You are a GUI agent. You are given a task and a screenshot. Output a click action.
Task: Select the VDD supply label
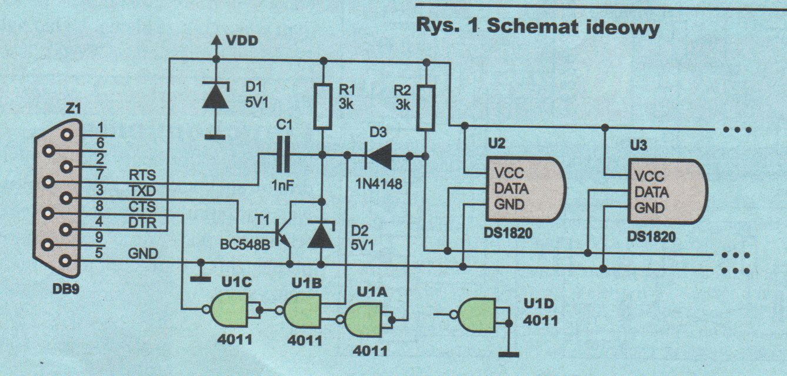242,41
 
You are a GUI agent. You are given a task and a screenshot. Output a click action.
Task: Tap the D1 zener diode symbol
216,95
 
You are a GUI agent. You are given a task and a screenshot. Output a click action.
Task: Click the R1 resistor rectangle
322,106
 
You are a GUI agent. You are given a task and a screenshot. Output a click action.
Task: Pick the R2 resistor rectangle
426,108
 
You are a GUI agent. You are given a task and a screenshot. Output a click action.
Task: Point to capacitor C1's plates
283,155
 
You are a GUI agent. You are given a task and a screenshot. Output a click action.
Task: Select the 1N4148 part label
379,184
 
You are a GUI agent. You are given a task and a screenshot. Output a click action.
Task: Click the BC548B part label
245,245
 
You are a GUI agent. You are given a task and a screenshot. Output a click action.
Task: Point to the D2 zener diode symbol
321,234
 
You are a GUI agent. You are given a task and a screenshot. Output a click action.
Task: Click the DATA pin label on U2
511,189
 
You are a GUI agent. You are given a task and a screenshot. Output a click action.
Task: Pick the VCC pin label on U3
649,176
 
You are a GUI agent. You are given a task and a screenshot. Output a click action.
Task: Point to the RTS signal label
142,175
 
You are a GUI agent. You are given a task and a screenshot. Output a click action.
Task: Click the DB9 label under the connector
66,289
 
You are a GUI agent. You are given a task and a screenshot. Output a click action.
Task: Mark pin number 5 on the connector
99,252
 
